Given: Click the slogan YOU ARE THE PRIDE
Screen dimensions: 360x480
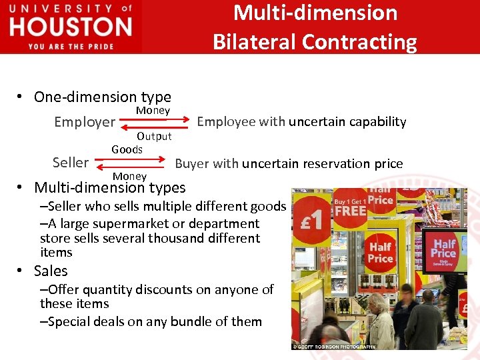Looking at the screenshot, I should coord(71,47).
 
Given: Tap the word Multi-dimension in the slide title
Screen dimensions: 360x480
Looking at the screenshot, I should coord(315,13).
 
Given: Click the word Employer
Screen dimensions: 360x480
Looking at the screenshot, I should coord(85,122).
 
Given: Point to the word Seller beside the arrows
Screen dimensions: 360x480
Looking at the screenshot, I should coord(70,163).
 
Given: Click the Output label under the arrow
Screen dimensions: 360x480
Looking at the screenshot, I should coord(154,136).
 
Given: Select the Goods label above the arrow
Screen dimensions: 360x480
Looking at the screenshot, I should coord(127,149).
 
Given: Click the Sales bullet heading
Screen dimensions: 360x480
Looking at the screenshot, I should coord(51,271).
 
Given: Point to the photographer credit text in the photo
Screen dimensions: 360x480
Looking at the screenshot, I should coord(335,347).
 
